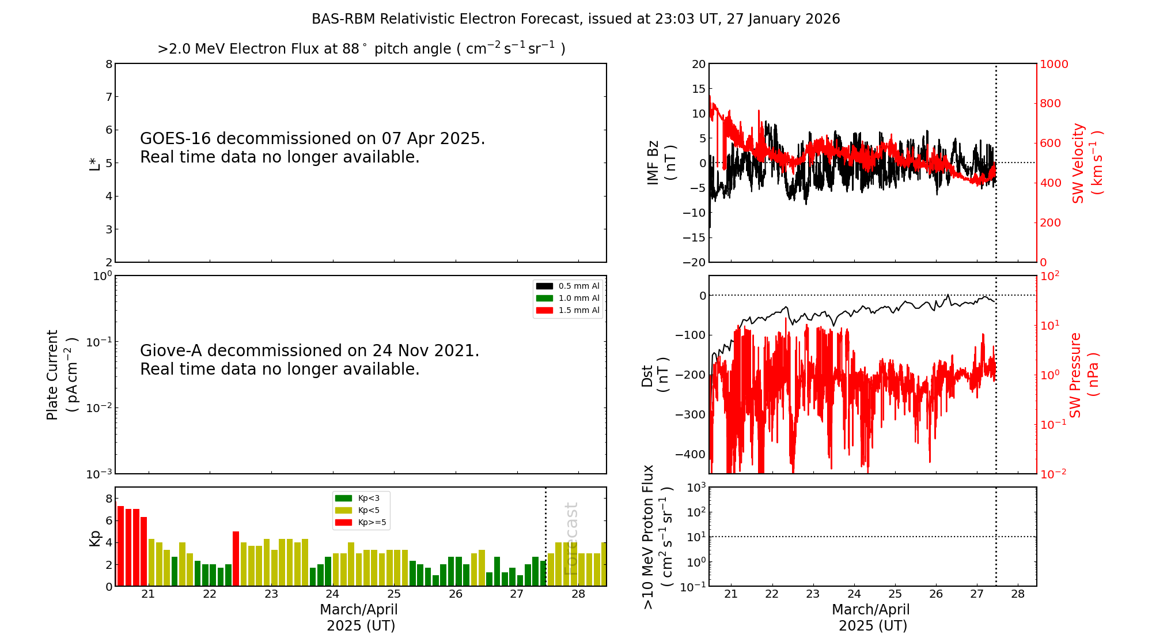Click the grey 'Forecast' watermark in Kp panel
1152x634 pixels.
pyautogui.click(x=570, y=538)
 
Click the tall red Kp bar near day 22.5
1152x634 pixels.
pyautogui.click(x=236, y=558)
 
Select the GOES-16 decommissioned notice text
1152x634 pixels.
pyautogui.click(x=312, y=148)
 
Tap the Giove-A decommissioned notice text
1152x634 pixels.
pyautogui.click(x=309, y=360)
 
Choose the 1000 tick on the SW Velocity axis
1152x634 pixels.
pyautogui.click(x=1054, y=64)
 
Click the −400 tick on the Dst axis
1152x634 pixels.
pyautogui.click(x=690, y=454)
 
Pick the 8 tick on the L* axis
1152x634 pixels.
pyautogui.click(x=109, y=64)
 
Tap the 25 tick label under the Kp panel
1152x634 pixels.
pyautogui.click(x=394, y=594)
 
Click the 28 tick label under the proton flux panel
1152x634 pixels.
pyautogui.click(x=1018, y=594)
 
